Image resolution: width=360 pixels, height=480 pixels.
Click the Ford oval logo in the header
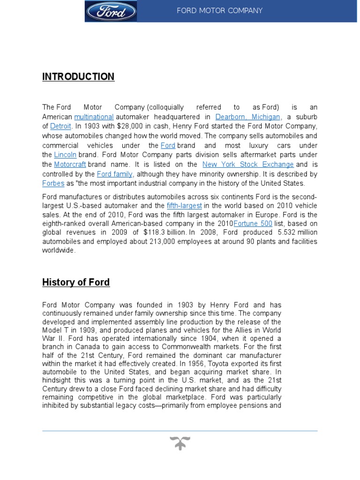point(111,11)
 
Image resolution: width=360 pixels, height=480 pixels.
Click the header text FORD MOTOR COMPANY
point(219,11)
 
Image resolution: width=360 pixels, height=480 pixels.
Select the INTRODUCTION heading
point(78,77)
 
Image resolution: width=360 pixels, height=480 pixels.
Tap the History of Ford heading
point(76,282)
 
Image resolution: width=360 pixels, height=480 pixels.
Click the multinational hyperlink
point(94,117)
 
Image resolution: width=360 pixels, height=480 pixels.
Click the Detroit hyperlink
point(61,126)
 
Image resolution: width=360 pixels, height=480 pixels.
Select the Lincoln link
point(65,155)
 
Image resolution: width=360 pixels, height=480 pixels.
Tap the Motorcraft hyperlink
point(70,165)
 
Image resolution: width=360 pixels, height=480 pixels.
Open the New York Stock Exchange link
point(248,165)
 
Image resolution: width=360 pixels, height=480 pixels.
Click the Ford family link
point(115,174)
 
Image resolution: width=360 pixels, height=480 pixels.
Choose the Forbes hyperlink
point(53,183)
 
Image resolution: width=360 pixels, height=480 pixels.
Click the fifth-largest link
point(184,206)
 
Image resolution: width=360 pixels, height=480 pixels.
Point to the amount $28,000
point(141,126)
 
